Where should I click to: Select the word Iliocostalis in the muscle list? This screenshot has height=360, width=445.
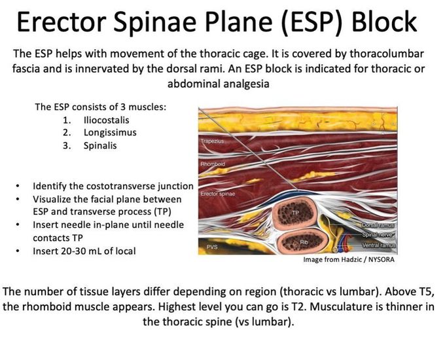tap(106, 120)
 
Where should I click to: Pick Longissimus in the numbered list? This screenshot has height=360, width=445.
tap(109, 133)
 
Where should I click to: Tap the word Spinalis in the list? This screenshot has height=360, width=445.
tap(99, 145)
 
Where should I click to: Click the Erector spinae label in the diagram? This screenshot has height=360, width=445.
tap(219, 195)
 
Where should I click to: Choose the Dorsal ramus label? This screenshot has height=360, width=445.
tap(376, 225)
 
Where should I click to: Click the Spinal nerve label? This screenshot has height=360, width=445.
tap(377, 234)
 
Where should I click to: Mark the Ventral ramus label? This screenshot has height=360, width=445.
tap(376, 245)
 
